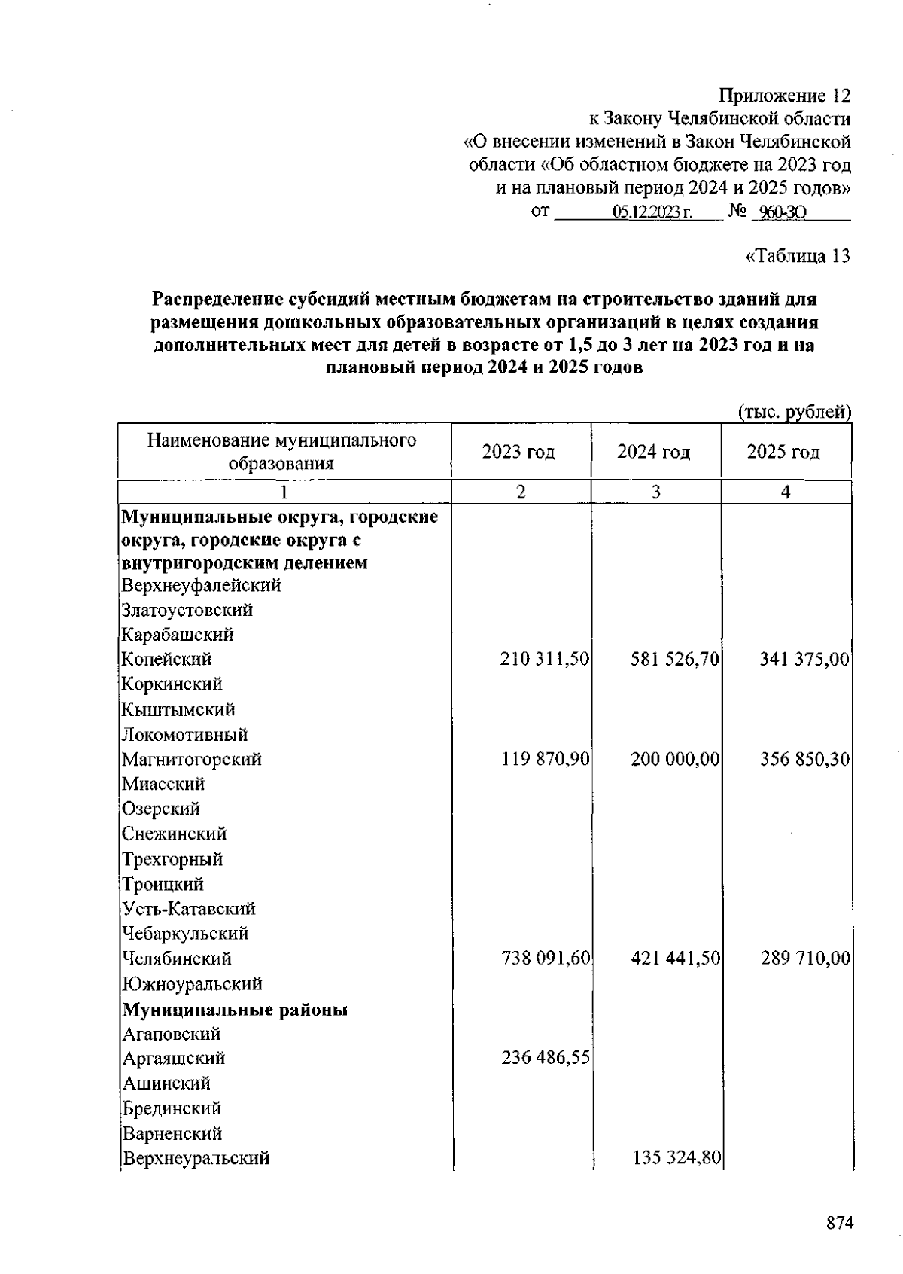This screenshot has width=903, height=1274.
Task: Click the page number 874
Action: pos(840,1223)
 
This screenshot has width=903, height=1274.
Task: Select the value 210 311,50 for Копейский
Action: pos(544,660)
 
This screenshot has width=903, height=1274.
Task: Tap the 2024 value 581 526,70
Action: pos(675,660)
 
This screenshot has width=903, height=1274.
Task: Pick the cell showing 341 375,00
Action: pos(804,660)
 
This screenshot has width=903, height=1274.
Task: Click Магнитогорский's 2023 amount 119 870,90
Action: pos(545,759)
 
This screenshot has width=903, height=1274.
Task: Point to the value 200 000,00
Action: pos(675,759)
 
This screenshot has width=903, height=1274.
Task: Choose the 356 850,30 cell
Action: pos(804,759)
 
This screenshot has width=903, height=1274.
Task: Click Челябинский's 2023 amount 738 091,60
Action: pos(545,959)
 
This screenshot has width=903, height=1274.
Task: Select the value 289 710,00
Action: pos(804,959)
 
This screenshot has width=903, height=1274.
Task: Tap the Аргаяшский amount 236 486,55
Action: pos(545,1058)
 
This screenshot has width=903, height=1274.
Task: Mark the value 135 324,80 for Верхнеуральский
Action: pos(675,1157)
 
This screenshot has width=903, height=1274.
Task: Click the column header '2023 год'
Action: pos(518,452)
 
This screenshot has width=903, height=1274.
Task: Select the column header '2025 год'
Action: pos(783,452)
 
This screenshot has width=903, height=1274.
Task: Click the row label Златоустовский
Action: pos(187,610)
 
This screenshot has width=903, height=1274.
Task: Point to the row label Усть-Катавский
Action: pos(189,909)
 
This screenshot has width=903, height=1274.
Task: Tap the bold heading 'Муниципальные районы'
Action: pos(236,1010)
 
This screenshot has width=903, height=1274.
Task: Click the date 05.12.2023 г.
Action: pos(652,213)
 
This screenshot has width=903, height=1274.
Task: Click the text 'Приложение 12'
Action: pos(785,96)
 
